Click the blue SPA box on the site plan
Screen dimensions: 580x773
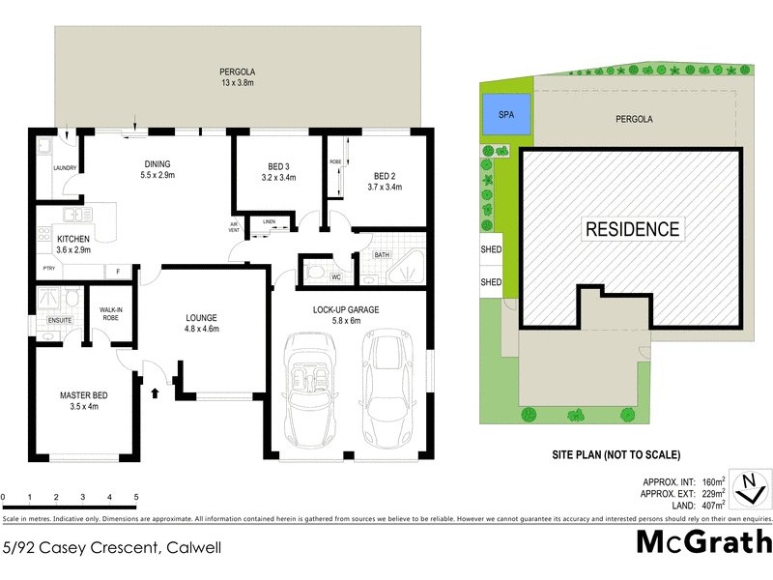tap(506, 113)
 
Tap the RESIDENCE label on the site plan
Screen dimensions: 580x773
tap(632, 229)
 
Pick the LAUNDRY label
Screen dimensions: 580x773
tap(65, 168)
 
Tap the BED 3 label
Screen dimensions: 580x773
tap(276, 170)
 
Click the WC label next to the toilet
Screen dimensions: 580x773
tap(337, 276)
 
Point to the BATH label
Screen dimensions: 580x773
tap(381, 255)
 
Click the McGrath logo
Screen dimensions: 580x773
tap(704, 541)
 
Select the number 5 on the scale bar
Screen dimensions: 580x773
tap(136, 498)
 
